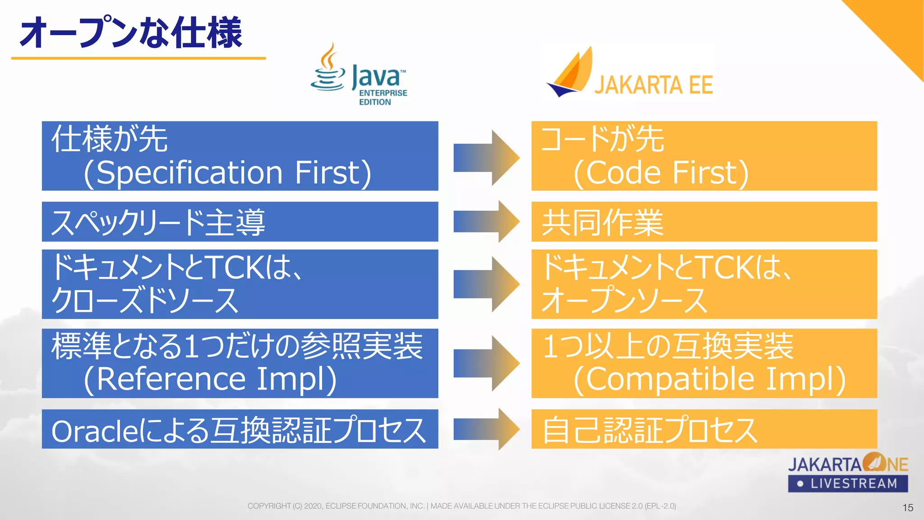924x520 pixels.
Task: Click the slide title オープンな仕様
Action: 131,32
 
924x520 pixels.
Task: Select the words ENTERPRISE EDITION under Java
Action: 383,97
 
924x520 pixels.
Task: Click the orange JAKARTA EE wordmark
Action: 653,85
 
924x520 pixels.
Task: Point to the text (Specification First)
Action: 227,173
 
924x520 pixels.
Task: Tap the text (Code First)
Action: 661,173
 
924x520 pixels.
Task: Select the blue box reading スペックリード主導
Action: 240,222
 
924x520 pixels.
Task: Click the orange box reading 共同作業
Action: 704,222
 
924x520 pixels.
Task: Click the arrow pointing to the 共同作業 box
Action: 486,222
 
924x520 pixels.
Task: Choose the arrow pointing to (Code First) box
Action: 486,158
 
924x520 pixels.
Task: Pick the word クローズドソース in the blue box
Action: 144,301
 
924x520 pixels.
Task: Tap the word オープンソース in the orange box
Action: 624,301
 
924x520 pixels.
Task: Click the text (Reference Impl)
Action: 210,379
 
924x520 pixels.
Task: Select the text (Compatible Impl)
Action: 709,379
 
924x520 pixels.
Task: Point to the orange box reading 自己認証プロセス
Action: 704,429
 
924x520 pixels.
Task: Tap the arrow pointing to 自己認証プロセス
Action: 486,429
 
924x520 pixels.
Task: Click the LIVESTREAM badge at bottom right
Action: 848,483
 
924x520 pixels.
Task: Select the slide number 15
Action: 908,508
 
